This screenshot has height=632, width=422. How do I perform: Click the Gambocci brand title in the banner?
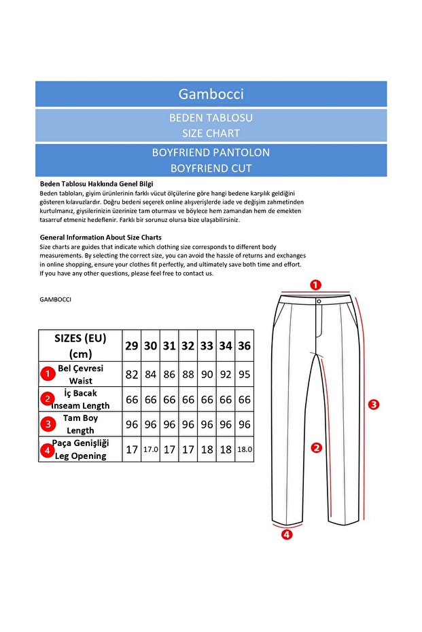211,94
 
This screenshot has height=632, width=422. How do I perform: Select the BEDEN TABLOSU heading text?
211,117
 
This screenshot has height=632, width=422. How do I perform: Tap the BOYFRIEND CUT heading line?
211,168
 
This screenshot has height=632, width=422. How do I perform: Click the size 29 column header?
132,346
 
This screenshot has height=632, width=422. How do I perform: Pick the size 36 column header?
245,346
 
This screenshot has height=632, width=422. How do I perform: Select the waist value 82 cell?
132,374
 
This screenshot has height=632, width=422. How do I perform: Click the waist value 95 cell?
245,374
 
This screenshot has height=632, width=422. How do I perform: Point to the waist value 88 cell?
188,374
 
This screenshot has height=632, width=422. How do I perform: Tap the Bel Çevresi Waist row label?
80,374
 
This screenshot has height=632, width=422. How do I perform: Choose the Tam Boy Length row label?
80,424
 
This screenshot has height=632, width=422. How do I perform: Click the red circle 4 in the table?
47,449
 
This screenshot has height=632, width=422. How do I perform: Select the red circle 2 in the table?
47,399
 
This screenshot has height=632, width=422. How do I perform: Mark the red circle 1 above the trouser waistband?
316,284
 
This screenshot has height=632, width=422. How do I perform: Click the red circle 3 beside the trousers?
373,404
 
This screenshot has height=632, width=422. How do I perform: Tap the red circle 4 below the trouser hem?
287,534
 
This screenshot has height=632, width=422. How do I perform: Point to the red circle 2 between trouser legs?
316,447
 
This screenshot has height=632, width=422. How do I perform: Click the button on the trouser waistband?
318,301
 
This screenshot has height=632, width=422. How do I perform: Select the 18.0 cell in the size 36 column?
245,449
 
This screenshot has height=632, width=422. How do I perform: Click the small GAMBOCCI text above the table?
56,299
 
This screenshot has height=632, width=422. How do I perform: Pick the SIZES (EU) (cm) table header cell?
80,346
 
